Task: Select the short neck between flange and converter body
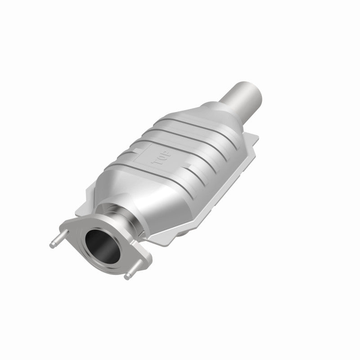pyautogui.click(x=128, y=220)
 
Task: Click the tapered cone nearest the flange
pyautogui.click(x=135, y=198)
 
